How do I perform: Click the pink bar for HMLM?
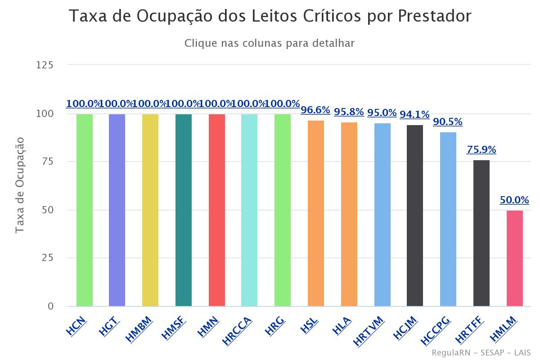pos(515,258)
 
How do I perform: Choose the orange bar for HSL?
pos(316,213)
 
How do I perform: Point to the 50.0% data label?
pos(514,200)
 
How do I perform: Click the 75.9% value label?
pos(481,150)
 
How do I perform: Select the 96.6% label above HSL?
pos(315,110)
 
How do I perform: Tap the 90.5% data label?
pos(448,122)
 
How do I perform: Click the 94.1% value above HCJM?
pos(415,115)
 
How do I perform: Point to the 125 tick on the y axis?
pos(45,65)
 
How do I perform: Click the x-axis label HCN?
pos(76,326)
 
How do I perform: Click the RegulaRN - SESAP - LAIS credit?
pos(481,352)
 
